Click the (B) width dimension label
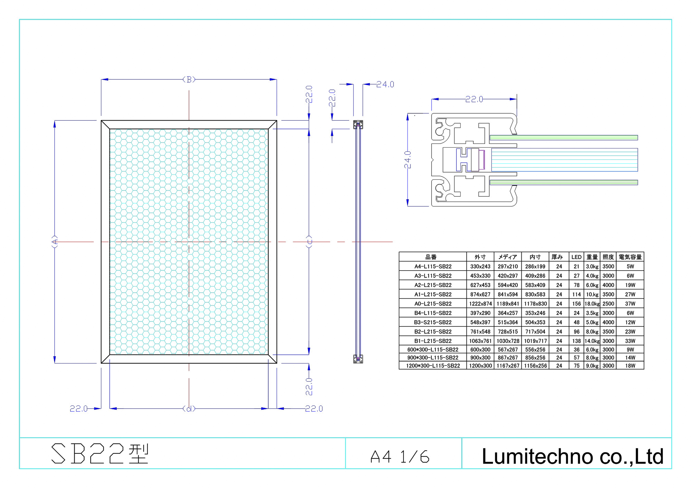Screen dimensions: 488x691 point(189,79)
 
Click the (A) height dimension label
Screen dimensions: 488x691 point(55,242)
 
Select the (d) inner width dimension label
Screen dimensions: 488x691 point(189,409)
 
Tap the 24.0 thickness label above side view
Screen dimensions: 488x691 point(385,84)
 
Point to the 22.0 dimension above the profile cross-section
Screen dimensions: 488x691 point(474,99)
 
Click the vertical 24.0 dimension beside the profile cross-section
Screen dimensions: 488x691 point(408,159)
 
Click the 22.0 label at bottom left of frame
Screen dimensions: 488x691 point(79,409)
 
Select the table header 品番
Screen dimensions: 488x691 point(431,257)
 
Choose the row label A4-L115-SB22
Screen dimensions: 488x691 point(433,266)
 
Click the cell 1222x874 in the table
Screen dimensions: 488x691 point(480,304)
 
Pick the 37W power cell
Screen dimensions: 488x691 point(630,304)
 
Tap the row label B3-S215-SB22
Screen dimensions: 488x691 point(433,322)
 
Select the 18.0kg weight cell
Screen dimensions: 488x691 point(592,304)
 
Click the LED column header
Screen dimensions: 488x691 point(576,257)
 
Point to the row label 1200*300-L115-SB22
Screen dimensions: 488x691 point(433,366)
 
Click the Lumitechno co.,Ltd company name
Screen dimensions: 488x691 point(572,456)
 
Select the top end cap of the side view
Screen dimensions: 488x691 point(358,125)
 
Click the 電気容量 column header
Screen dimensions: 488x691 point(630,257)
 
